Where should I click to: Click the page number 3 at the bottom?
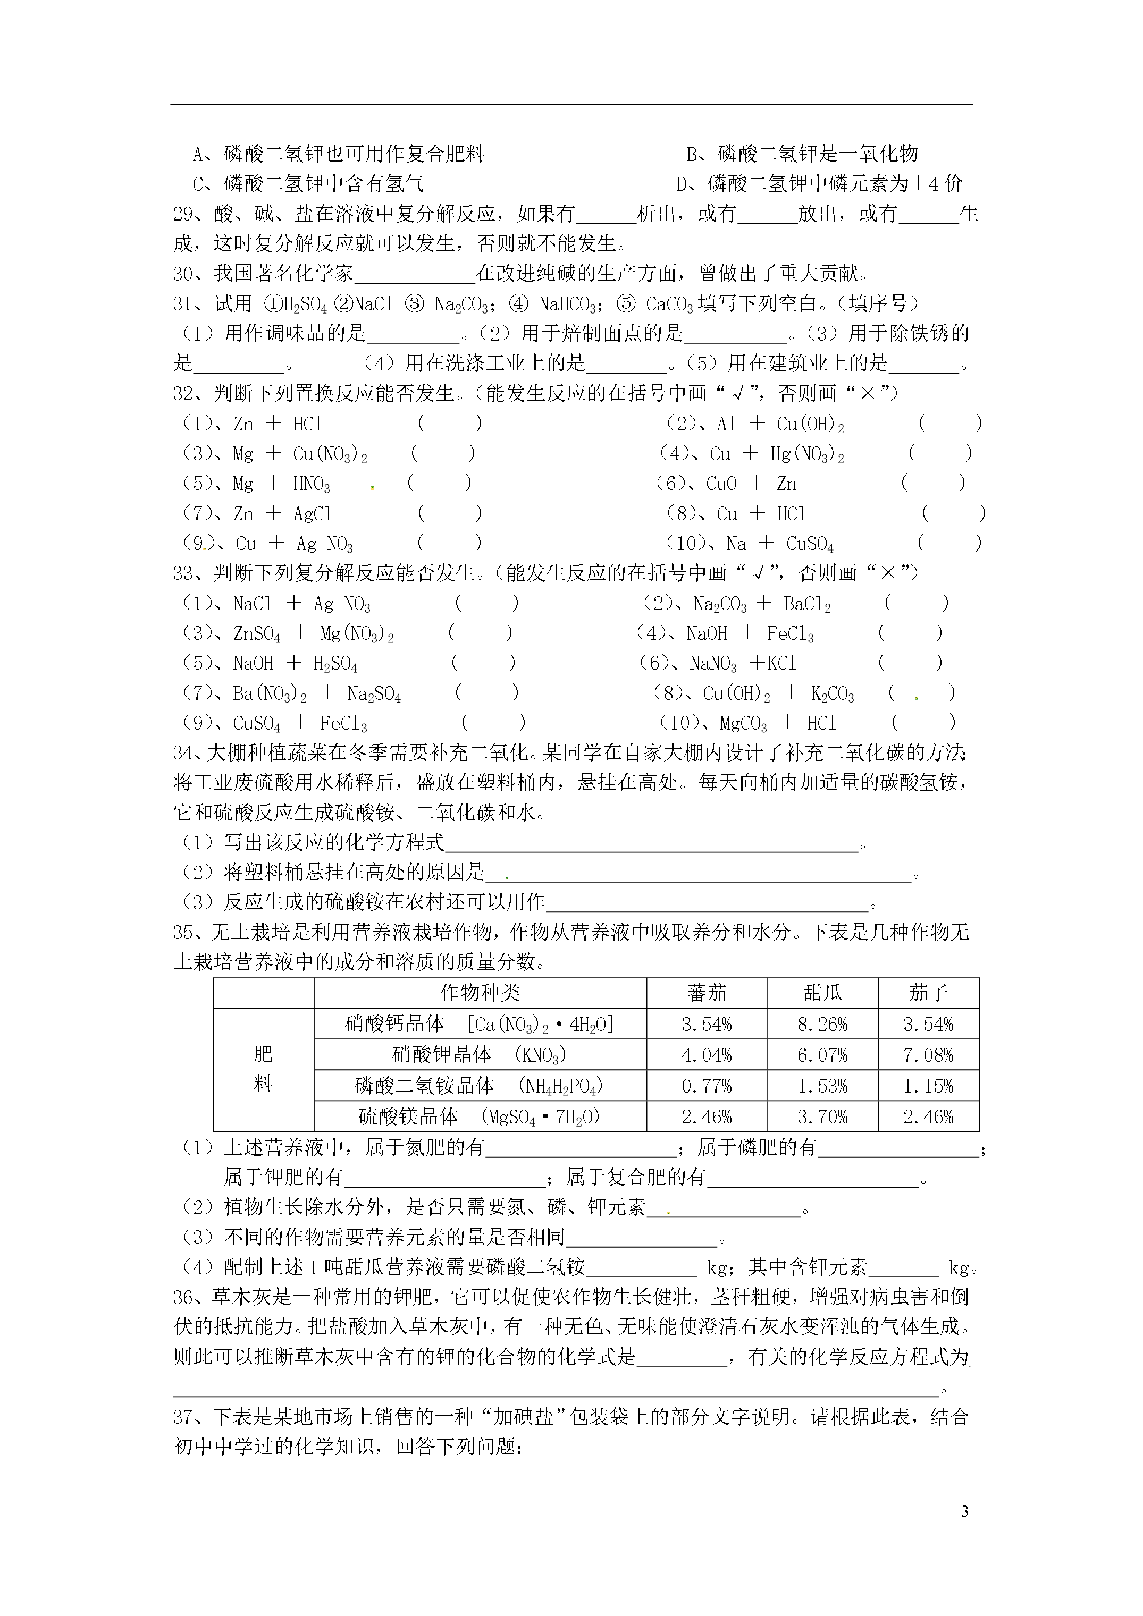(964, 1510)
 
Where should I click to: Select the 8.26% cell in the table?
(822, 1024)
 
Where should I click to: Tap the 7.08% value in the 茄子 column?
(928, 1055)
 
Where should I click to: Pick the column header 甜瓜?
(822, 993)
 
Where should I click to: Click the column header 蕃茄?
(707, 993)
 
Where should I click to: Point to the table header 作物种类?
(480, 993)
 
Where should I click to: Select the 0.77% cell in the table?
(707, 1086)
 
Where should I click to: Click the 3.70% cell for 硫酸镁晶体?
(822, 1117)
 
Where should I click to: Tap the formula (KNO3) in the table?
(540, 1055)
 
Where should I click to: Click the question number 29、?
(188, 214)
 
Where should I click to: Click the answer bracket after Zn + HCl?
(449, 424)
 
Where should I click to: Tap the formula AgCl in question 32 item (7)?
(312, 514)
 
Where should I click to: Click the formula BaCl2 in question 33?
(806, 604)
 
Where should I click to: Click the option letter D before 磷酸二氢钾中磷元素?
(683, 184)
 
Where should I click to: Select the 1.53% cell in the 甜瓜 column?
(822, 1086)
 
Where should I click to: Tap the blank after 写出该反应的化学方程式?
(651, 843)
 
